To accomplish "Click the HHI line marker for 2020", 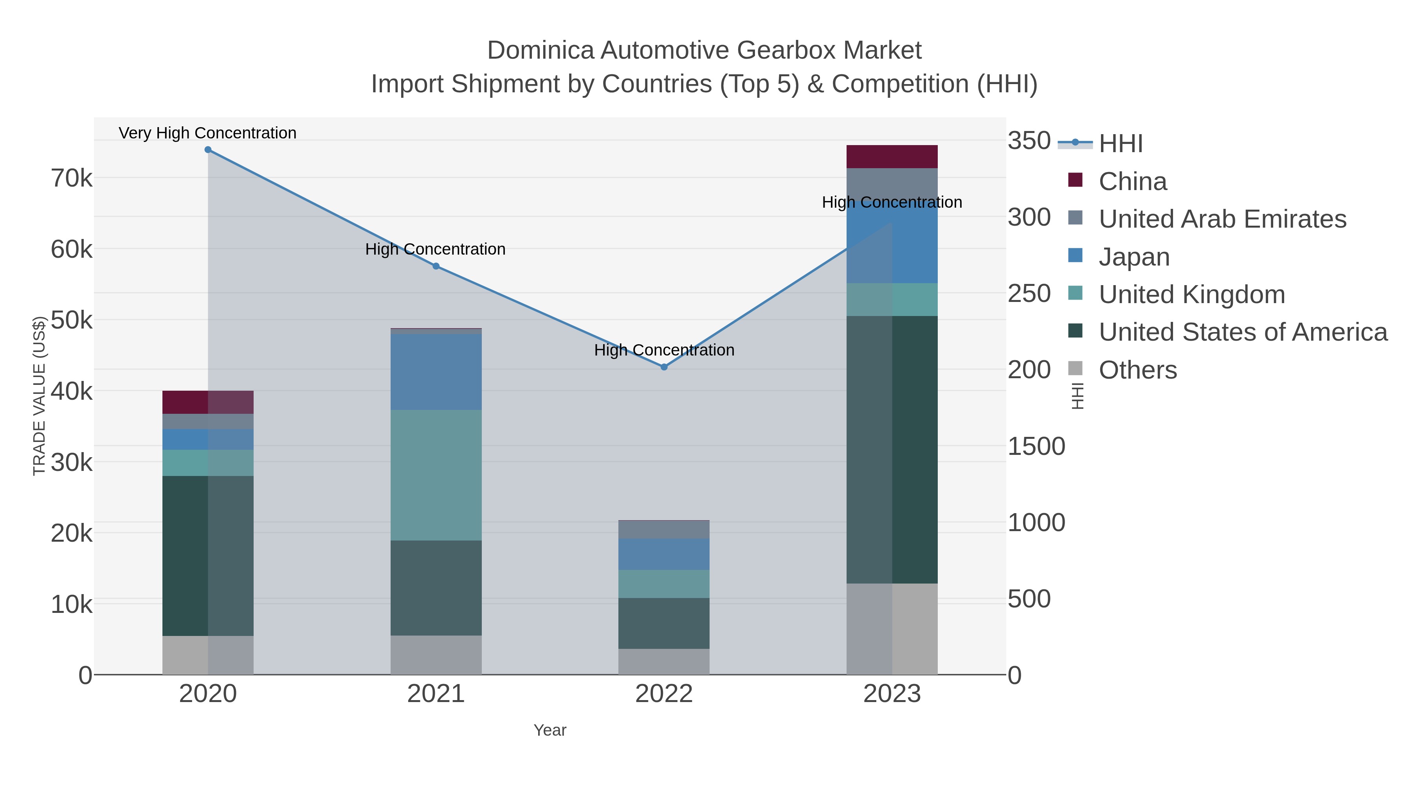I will [x=208, y=150].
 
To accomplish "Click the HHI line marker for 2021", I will [x=436, y=266].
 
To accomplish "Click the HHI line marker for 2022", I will [x=664, y=367].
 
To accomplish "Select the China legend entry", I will [x=1132, y=181].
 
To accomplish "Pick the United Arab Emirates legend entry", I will [x=1222, y=219].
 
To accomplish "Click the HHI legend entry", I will [x=1120, y=143].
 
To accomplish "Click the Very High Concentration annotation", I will [x=207, y=133].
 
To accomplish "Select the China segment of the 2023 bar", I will [x=892, y=157].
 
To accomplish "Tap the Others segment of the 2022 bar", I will [x=664, y=661].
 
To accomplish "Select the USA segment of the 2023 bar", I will [x=892, y=449].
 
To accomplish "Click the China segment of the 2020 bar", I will [x=208, y=402].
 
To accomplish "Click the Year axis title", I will [x=550, y=730].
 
